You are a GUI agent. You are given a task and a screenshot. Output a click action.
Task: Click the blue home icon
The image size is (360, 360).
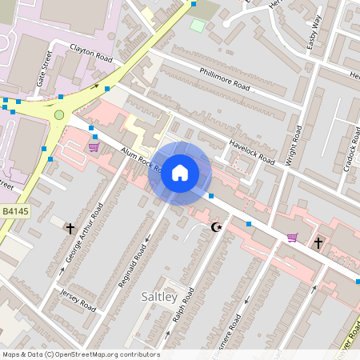coord(180,173)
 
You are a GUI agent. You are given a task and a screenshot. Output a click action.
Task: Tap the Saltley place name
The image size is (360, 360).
coord(163,297)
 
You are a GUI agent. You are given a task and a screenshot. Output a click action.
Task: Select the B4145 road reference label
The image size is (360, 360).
coord(15,211)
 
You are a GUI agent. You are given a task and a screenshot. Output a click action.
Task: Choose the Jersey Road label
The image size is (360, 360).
coord(78,302)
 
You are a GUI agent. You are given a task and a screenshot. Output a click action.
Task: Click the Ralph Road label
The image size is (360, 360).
coord(183,305)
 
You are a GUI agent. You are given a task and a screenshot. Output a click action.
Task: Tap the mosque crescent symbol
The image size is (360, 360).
coord(214,228)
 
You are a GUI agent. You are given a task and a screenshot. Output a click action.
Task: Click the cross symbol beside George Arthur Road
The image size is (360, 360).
coord(70,228)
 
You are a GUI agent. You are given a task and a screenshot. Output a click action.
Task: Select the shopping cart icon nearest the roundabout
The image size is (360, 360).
coord(94,147)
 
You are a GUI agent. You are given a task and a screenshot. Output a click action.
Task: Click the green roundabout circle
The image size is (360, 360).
coord(58,115)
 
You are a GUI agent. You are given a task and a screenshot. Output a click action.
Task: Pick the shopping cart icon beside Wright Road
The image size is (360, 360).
coord(292,238)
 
